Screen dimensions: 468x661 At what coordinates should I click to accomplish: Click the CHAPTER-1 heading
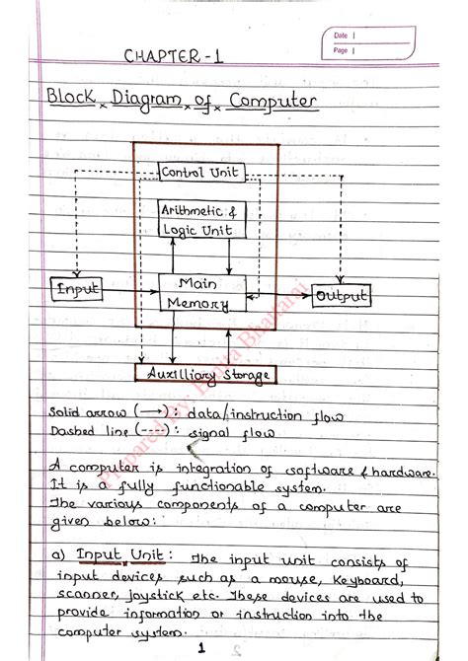173,56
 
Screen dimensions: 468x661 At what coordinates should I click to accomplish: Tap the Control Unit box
201,173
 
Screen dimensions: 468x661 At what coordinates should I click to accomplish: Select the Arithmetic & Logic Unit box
201,220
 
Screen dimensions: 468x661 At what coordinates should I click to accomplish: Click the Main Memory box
202,293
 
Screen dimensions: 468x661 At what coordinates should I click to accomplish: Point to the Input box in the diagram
76,289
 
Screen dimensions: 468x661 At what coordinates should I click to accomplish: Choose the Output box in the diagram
341,296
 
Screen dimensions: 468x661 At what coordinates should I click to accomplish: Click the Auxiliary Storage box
205,373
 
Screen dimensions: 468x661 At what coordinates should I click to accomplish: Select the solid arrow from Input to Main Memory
130,291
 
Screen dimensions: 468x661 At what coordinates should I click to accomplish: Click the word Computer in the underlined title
273,102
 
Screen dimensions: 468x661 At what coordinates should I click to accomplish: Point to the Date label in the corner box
341,36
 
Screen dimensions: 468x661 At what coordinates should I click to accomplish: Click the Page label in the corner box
341,50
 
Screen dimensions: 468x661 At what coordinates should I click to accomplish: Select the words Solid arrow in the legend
87,411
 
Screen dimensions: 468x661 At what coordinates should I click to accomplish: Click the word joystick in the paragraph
155,597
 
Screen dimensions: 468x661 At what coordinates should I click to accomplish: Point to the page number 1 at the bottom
201,647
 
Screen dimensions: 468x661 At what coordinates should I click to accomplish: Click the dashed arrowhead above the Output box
340,280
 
